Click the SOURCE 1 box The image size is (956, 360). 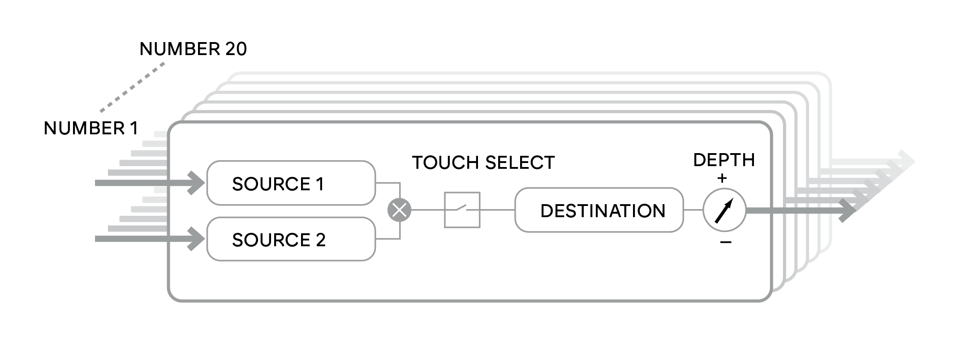pyautogui.click(x=291, y=183)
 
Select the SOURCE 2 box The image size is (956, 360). pyautogui.click(x=291, y=239)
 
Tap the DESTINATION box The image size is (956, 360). pyautogui.click(x=599, y=210)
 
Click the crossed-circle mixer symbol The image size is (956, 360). pyautogui.click(x=399, y=210)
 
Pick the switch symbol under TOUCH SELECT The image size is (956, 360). pyautogui.click(x=462, y=210)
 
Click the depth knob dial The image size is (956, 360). pyautogui.click(x=724, y=210)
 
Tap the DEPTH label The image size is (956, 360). pyautogui.click(x=724, y=160)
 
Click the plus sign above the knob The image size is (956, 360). pyautogui.click(x=722, y=178)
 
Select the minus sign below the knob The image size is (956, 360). pyautogui.click(x=725, y=242)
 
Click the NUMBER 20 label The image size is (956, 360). pyautogui.click(x=193, y=49)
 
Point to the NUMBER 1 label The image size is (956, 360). pyautogui.click(x=91, y=129)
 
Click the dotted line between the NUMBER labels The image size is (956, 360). pyautogui.click(x=132, y=87)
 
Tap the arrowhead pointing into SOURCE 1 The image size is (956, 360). pyautogui.click(x=196, y=183)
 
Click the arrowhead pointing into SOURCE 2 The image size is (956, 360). pyautogui.click(x=196, y=239)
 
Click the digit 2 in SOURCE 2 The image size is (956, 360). pyautogui.click(x=320, y=240)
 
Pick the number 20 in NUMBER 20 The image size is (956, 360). pyautogui.click(x=236, y=49)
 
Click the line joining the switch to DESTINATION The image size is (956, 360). pyautogui.click(x=498, y=210)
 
